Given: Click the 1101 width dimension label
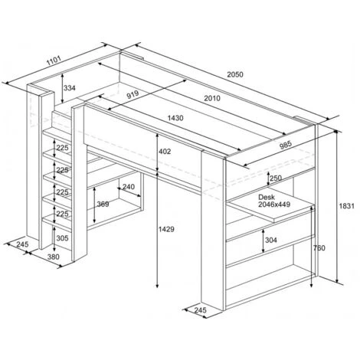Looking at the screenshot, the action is [x=54, y=61].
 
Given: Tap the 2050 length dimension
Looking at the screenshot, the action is [x=235, y=74].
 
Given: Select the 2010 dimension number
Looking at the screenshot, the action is [x=212, y=98].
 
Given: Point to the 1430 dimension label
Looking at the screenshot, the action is [x=175, y=118].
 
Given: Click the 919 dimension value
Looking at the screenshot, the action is [x=133, y=94].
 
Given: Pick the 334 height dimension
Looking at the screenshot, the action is [x=70, y=88].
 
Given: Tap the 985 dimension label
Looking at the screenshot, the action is [x=286, y=145].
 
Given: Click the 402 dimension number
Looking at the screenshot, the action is [x=165, y=152].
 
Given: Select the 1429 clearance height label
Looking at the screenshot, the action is [x=166, y=229].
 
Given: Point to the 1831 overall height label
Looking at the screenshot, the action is [x=347, y=206].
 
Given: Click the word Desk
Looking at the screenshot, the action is [x=267, y=197].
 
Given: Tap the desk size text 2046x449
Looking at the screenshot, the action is [x=274, y=205].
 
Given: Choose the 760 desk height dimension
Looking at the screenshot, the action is [x=319, y=248].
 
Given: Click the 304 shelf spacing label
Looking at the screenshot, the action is [x=271, y=240].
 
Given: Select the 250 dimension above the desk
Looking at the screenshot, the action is [x=276, y=178].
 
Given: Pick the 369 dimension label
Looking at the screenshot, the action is [x=103, y=205].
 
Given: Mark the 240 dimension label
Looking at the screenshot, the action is [x=129, y=187].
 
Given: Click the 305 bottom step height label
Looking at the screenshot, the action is [x=62, y=238].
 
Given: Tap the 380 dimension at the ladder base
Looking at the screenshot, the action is [x=54, y=257].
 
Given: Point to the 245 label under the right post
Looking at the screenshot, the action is [x=200, y=310].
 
